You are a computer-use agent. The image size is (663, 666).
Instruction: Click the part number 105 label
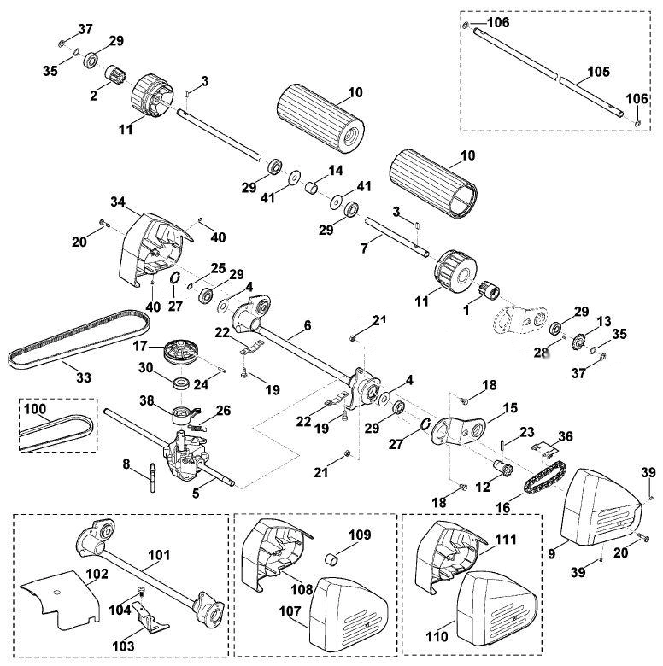(598, 72)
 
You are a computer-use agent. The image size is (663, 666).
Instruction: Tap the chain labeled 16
(546, 478)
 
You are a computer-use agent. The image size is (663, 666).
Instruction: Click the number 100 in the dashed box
(35, 409)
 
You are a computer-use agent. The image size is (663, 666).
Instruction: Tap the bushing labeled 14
(312, 188)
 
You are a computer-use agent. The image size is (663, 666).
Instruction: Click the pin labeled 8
(152, 478)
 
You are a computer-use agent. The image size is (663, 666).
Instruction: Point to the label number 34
(118, 202)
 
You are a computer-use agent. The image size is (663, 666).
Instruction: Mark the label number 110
(437, 636)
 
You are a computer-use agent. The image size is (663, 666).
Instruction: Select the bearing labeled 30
(183, 383)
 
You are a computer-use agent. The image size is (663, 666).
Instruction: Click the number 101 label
(160, 555)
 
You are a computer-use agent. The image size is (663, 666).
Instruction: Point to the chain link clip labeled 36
(544, 448)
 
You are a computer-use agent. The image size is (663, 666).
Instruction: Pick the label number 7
(364, 248)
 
